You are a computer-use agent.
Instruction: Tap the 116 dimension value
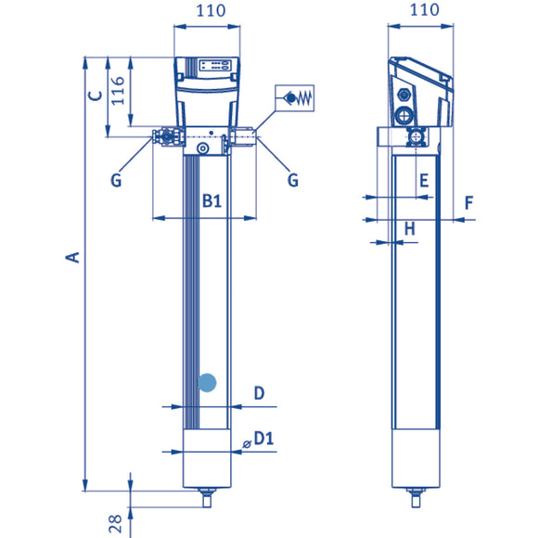click(118, 93)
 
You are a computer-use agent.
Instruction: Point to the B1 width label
click(211, 200)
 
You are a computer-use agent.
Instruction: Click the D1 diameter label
click(263, 438)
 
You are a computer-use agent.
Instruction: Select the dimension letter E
click(423, 180)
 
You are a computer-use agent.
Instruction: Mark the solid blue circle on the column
click(208, 381)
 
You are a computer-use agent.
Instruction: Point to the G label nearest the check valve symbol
click(292, 180)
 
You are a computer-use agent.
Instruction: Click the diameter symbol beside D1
click(246, 443)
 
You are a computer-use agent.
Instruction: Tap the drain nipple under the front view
click(207, 501)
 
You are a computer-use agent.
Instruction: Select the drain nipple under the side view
click(413, 501)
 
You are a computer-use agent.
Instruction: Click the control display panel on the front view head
click(215, 66)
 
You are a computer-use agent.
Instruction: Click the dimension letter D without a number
click(260, 393)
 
